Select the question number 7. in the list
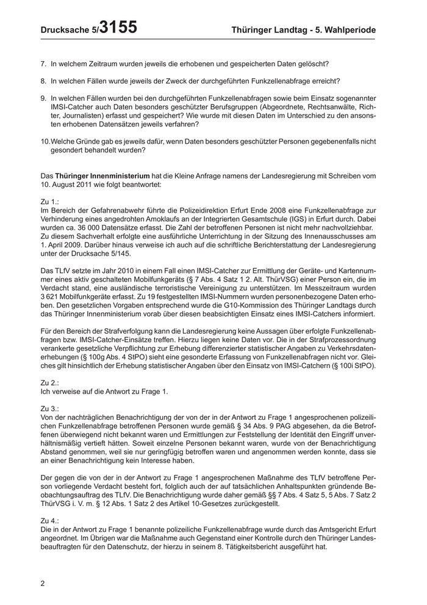coord(44,64)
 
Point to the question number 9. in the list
coord(44,98)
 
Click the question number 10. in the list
coord(46,141)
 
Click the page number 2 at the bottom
coord(43,583)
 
